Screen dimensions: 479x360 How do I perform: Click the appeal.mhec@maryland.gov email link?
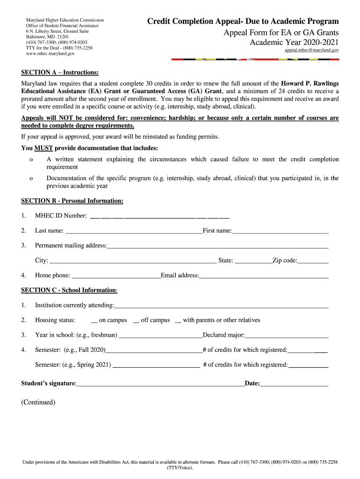click(312, 50)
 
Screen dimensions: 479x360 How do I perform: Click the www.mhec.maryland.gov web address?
click(50, 54)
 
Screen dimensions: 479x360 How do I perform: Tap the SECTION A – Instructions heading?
click(60, 73)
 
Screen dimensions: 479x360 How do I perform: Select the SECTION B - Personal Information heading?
click(72, 201)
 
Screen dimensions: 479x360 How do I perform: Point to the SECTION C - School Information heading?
click(69, 290)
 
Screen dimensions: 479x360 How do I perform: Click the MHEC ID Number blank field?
click(159, 217)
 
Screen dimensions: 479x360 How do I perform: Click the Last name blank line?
click(134, 231)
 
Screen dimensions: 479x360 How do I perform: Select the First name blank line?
click(281, 231)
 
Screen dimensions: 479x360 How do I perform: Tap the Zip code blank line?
click(313, 261)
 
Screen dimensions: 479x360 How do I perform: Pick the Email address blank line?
click(264, 276)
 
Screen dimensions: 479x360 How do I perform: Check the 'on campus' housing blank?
click(94, 321)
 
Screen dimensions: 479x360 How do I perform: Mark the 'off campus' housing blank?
click(136, 321)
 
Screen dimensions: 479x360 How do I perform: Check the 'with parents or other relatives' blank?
click(178, 321)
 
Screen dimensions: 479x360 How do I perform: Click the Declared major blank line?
click(287, 336)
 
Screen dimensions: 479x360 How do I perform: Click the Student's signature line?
click(160, 385)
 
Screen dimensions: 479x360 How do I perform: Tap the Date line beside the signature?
click(295, 385)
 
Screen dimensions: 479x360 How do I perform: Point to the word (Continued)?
click(38, 402)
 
